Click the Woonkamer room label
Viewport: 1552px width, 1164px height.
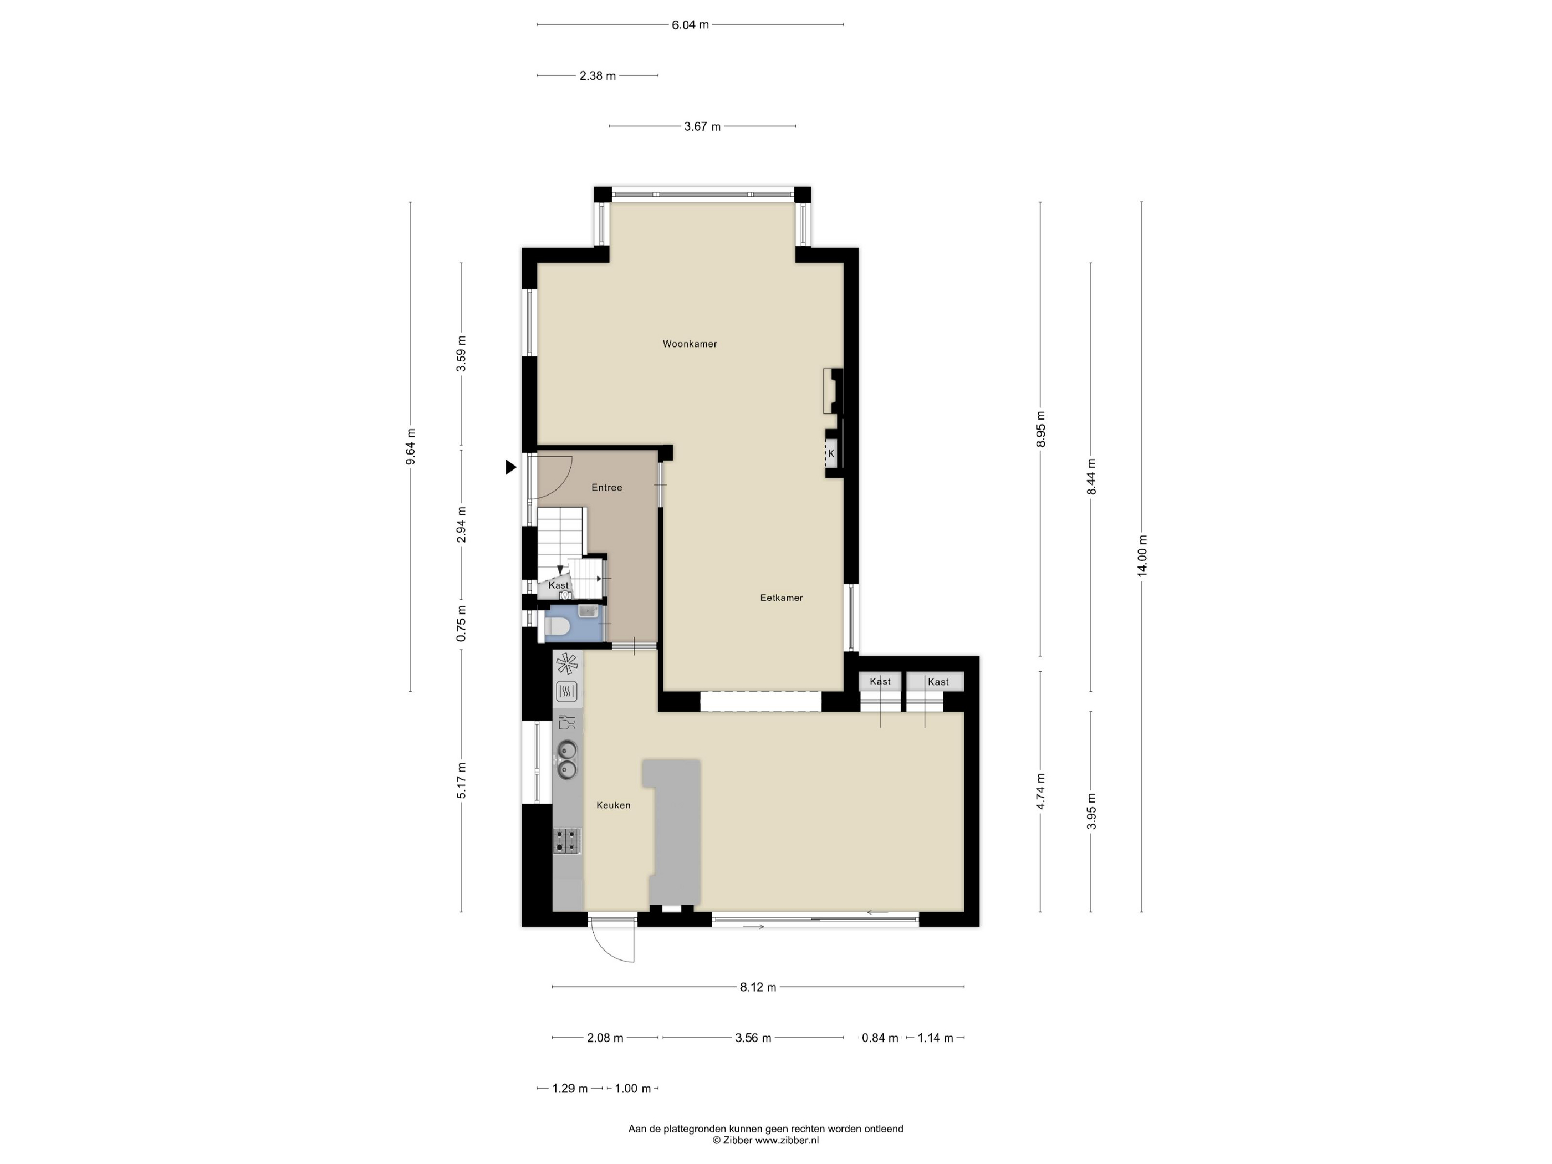[x=690, y=344]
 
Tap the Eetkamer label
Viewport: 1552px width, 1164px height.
[x=782, y=598]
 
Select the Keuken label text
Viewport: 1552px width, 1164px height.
[x=613, y=805]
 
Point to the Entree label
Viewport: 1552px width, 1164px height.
[x=607, y=488]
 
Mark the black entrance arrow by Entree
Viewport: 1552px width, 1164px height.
[x=511, y=467]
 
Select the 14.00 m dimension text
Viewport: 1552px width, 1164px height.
[x=1142, y=557]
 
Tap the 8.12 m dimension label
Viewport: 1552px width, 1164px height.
[x=758, y=987]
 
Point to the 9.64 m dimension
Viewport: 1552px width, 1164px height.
[x=411, y=446]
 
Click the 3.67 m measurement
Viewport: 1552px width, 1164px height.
[x=702, y=127]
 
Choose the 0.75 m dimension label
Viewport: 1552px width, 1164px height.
[x=462, y=624]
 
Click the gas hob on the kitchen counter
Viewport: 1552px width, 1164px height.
[x=568, y=840]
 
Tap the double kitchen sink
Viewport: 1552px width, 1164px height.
[x=567, y=760]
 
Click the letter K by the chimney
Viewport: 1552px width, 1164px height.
[x=831, y=453]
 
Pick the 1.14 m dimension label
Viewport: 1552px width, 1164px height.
[x=935, y=1038]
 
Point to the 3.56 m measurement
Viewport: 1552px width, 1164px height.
[x=753, y=1038]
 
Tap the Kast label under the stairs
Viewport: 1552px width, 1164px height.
[x=559, y=585]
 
